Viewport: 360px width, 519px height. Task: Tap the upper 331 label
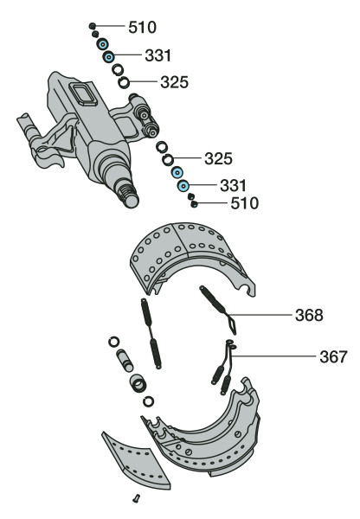pyautogui.click(x=158, y=56)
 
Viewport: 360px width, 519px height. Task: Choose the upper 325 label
pyautogui.click(x=174, y=83)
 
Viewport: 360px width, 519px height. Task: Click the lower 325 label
pyautogui.click(x=219, y=159)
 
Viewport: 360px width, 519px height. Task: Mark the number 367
pyautogui.click(x=332, y=356)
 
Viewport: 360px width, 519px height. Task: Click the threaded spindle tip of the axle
pyautogui.click(x=130, y=197)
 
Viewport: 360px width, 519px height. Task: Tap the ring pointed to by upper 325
pyautogui.click(x=125, y=83)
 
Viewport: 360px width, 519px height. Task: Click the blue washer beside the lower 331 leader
pyautogui.click(x=183, y=186)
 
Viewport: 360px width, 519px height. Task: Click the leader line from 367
pyautogui.click(x=277, y=356)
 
